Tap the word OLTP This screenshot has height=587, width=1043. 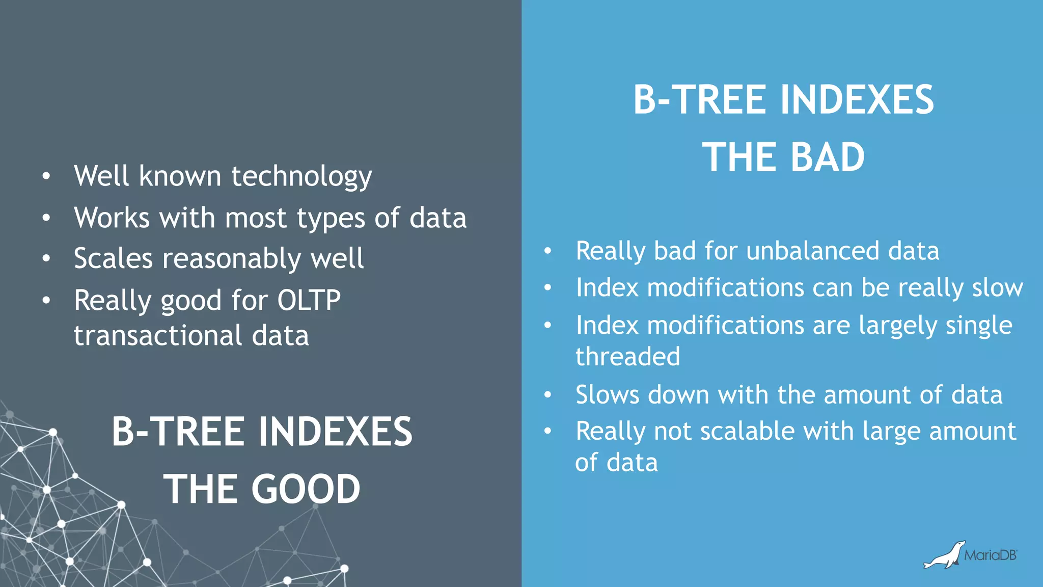coord(309,300)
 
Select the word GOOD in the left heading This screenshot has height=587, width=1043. coord(306,489)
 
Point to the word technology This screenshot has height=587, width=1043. coord(301,176)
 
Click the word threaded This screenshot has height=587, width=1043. coord(627,356)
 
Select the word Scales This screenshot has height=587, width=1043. coord(113,258)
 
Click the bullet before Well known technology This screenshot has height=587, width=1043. coord(46,176)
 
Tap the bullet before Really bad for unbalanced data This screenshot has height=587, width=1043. coord(547,251)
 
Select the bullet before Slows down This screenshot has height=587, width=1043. coord(547,395)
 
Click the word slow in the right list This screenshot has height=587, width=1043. coord(997,288)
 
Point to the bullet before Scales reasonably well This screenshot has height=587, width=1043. coord(46,258)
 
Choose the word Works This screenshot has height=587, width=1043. coord(112,218)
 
